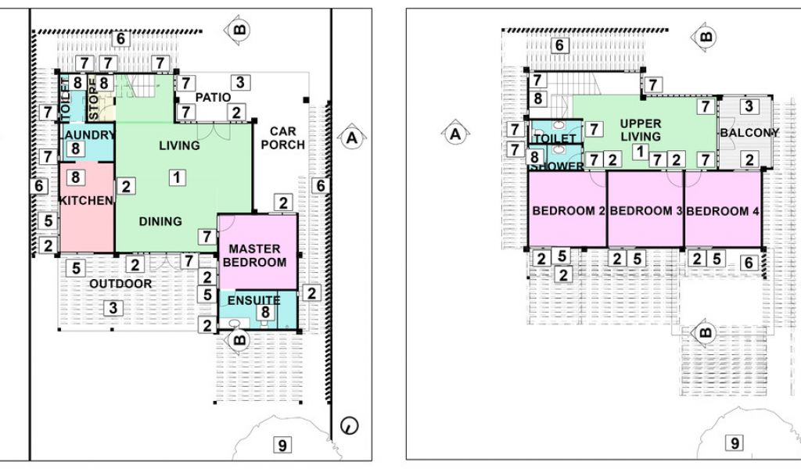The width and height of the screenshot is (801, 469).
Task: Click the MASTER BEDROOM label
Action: tap(254, 256)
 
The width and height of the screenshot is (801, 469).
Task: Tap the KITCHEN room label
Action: tap(85, 201)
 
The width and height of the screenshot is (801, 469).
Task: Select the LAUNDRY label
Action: tap(88, 134)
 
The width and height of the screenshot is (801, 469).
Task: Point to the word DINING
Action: tap(160, 221)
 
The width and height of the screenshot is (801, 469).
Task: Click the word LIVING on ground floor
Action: tap(179, 145)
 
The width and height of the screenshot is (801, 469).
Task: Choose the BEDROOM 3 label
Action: tap(645, 211)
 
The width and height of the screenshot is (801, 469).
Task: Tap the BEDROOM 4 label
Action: tap(723, 211)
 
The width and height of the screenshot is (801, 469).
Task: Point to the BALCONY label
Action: tap(749, 133)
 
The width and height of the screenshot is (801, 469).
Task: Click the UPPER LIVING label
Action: tap(641, 130)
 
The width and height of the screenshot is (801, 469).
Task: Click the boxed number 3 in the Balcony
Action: tap(749, 106)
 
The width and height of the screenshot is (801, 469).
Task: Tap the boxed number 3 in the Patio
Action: tap(240, 81)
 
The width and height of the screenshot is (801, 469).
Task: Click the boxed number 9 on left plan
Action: tap(282, 446)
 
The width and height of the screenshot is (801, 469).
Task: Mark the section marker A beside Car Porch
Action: tap(351, 138)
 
